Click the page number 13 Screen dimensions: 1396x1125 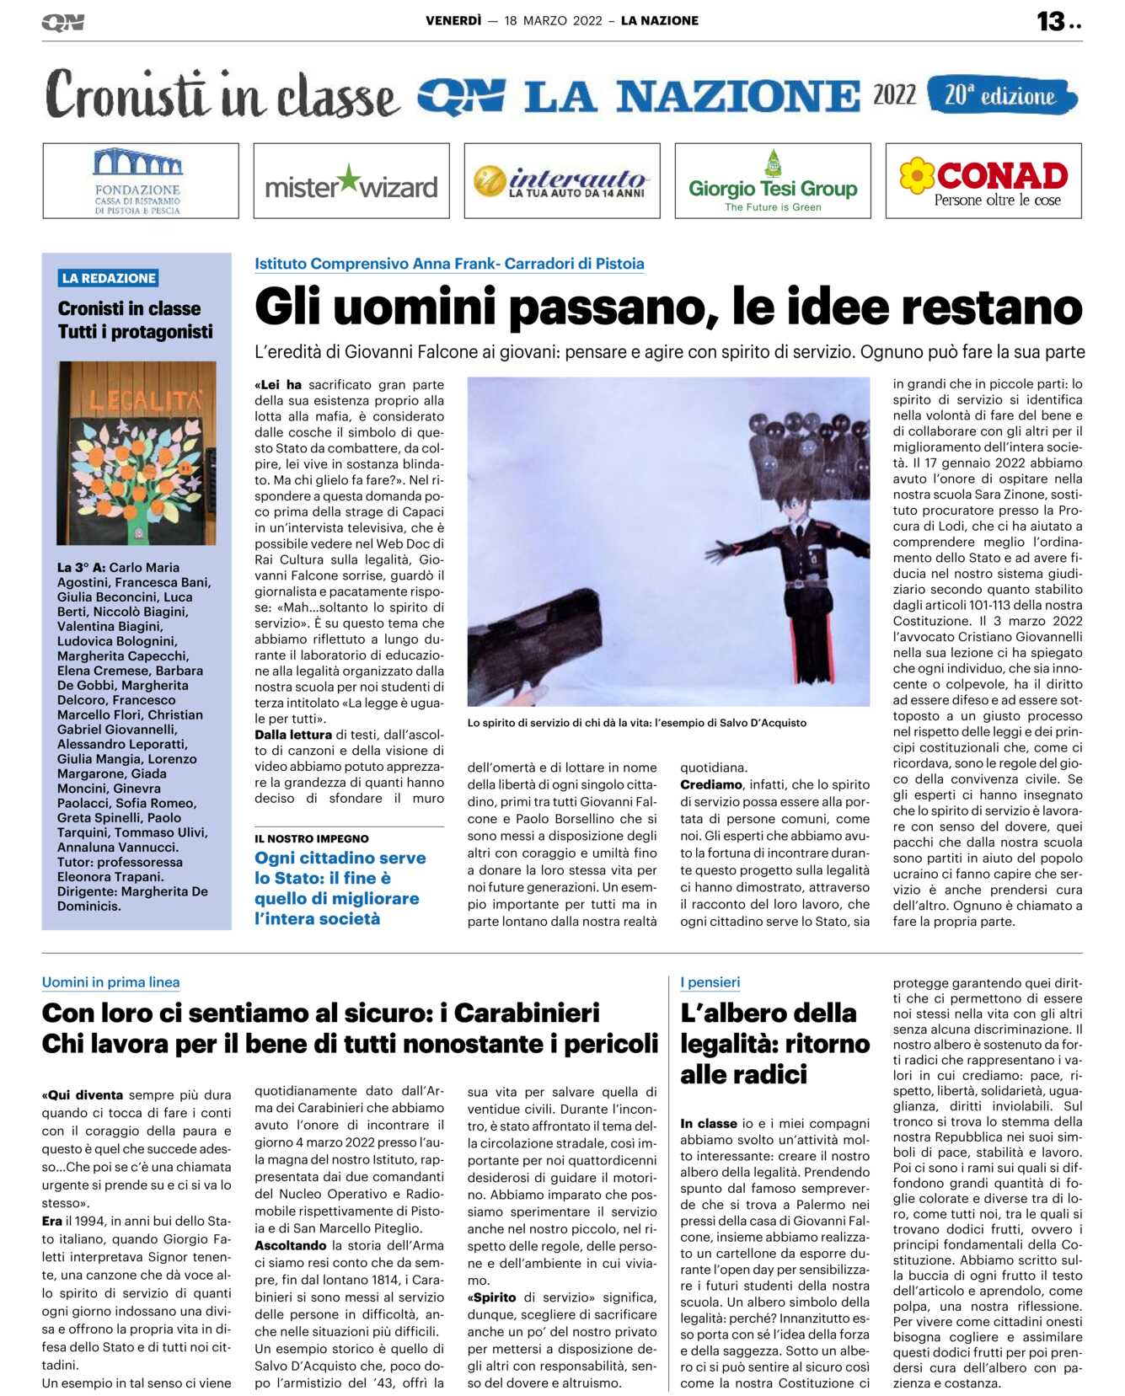click(1051, 21)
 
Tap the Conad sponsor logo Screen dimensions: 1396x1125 click(983, 181)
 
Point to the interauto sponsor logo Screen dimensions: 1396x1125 click(562, 181)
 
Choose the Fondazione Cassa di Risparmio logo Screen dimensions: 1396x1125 click(140, 181)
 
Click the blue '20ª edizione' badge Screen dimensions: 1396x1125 click(1001, 96)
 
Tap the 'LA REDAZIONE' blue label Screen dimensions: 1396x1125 click(109, 278)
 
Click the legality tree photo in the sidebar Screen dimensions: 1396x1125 click(137, 453)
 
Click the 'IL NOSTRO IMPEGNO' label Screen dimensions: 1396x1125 click(311, 838)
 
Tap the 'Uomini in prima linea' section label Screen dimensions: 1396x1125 click(110, 981)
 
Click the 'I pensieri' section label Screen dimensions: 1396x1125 click(710, 981)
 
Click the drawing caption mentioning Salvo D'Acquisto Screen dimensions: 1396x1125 click(636, 723)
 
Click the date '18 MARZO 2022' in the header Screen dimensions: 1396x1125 click(553, 21)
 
